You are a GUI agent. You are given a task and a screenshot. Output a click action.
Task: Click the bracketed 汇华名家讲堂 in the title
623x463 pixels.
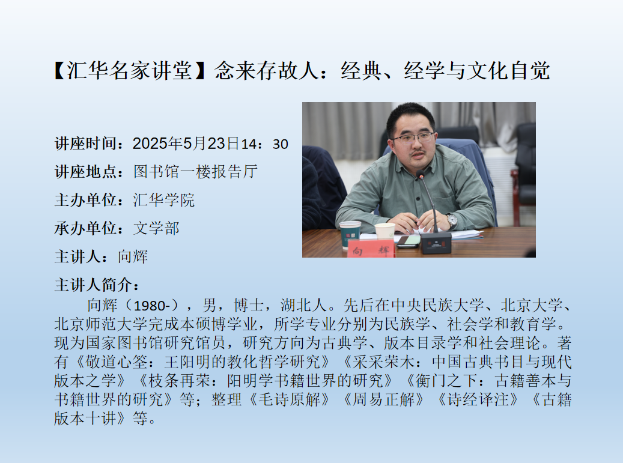[x=129, y=71]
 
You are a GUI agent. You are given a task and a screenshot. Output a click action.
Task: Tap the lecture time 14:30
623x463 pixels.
[x=264, y=144]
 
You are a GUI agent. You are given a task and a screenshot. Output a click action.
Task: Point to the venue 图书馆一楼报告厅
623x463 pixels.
[x=195, y=172]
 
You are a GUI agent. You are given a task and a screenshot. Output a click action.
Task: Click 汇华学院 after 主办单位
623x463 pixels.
[x=163, y=200]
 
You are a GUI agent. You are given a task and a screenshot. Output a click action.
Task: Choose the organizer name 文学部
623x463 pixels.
[x=156, y=228]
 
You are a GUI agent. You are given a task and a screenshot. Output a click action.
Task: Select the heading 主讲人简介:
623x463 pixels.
[x=97, y=285]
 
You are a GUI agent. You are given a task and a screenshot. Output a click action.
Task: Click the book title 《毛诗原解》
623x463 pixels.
[x=289, y=399]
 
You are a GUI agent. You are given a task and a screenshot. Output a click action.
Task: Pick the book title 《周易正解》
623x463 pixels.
[x=384, y=399]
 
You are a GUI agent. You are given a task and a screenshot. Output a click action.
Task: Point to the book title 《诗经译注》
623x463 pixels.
[x=478, y=399]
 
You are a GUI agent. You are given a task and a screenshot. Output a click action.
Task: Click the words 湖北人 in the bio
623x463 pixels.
[x=303, y=305]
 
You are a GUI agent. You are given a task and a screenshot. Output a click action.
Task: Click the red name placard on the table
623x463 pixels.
[x=371, y=249]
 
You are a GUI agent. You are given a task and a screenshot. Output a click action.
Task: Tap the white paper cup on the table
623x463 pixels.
[x=384, y=231]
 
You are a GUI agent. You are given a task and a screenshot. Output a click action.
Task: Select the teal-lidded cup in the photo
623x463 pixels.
[x=350, y=235]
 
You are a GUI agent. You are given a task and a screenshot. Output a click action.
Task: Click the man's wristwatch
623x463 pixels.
[x=451, y=220]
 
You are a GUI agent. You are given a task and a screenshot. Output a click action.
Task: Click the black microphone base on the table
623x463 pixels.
[x=436, y=243]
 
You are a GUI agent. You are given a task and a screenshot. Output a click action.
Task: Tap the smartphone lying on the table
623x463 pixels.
[x=407, y=241]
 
